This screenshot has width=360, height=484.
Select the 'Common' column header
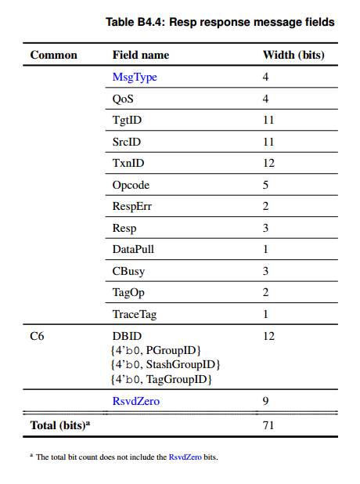pos(53,55)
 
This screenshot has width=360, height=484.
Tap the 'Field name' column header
pos(141,55)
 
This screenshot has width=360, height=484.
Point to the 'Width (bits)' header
pos(293,55)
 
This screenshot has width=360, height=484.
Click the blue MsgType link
pos(135,78)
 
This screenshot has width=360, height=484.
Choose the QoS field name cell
pos(124,99)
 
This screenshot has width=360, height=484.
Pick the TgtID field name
pos(127,121)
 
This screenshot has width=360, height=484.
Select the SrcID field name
pos(127,143)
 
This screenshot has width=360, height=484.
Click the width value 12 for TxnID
pos(268,164)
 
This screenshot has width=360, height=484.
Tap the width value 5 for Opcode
pos(265,186)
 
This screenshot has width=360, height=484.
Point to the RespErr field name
pos(131,207)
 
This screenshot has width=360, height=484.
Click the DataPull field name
pos(133,250)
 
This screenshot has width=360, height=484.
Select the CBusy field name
pos(128,272)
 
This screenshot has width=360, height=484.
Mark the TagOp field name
pos(128,293)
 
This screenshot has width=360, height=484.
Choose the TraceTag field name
pos(135,315)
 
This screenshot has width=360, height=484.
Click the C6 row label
pos(38,336)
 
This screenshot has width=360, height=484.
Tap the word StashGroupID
pos(185,364)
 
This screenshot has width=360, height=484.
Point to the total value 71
pos(268,425)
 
